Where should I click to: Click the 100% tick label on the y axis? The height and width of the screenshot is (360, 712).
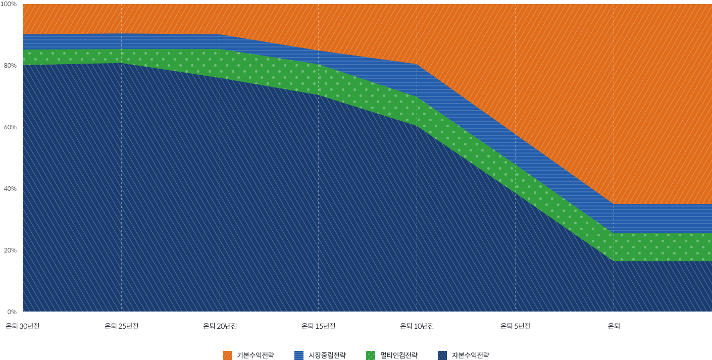[x=9, y=4]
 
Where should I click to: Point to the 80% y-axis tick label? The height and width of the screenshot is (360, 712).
[x=10, y=66]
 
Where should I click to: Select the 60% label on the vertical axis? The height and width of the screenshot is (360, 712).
[x=10, y=127]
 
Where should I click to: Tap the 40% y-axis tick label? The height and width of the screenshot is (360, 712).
[x=10, y=189]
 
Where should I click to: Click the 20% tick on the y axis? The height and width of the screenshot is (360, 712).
[x=10, y=250]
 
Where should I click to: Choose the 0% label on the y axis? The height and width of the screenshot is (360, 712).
[x=11, y=312]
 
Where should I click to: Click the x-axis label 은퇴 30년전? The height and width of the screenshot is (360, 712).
[x=23, y=326]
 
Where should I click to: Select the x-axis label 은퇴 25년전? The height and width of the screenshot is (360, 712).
[x=121, y=326]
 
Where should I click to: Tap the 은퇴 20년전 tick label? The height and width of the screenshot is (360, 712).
[x=220, y=326]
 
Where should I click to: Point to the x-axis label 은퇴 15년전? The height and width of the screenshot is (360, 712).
[x=318, y=326]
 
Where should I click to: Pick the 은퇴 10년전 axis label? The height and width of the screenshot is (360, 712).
[x=417, y=326]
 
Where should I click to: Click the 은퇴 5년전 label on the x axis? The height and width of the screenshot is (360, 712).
[x=515, y=326]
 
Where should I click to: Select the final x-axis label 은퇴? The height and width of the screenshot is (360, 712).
[x=614, y=326]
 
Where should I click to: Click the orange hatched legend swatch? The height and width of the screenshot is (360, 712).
[x=227, y=355]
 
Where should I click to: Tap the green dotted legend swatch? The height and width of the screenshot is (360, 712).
[x=371, y=355]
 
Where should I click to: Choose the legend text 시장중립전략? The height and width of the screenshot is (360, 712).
[x=327, y=355]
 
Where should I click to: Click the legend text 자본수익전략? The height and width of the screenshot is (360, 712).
[x=470, y=355]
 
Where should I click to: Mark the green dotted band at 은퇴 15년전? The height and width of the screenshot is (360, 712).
[x=318, y=79]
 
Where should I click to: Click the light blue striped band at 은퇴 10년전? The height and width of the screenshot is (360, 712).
[x=417, y=80]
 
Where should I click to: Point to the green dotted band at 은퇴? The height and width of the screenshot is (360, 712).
[x=614, y=247]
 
